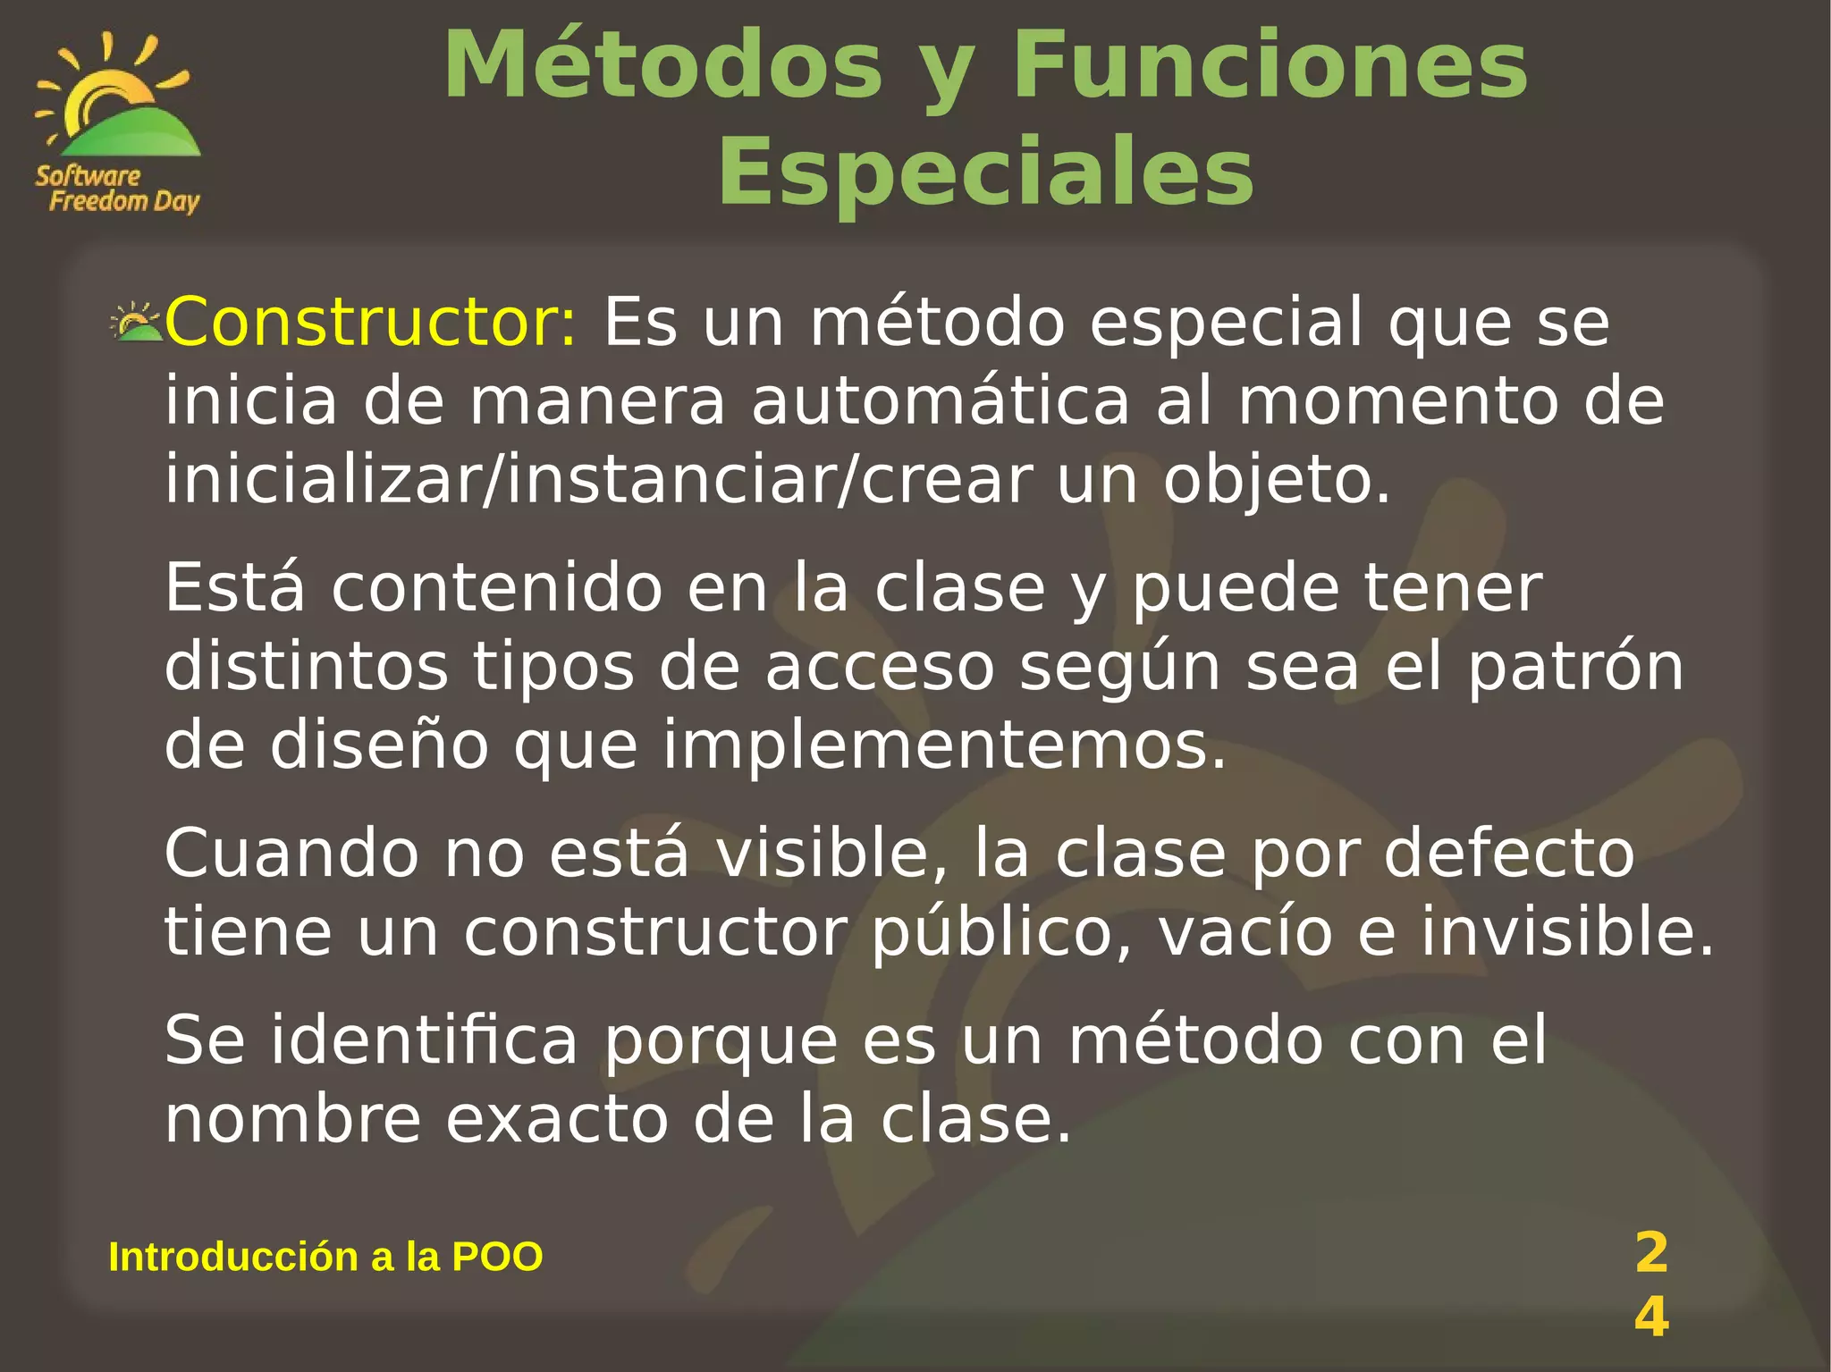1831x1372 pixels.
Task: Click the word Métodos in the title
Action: (662, 66)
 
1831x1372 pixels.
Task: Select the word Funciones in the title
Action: (1270, 66)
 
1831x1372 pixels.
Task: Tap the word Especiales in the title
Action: (985, 172)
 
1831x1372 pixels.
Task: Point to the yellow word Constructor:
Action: (371, 322)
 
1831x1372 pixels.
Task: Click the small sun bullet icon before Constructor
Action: (135, 324)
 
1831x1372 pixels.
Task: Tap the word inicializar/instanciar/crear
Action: (599, 480)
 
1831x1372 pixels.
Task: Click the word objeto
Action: (1277, 480)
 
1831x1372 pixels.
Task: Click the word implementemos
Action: (944, 745)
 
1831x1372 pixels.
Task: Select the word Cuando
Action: (291, 853)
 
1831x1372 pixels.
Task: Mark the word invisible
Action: (1566, 931)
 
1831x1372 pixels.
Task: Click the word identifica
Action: (425, 1040)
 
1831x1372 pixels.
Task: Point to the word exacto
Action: (557, 1119)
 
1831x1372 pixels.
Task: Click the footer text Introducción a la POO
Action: (325, 1257)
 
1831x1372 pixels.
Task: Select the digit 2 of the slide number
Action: (1651, 1252)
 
